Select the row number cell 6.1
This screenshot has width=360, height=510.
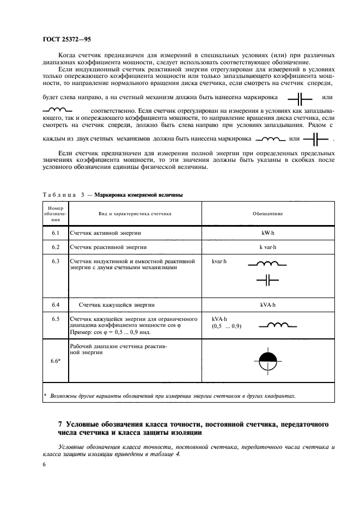pos(55,233)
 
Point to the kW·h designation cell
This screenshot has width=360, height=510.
pos(267,233)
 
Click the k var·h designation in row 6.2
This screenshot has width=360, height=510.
pos(267,247)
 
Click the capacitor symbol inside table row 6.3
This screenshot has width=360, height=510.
pos(267,280)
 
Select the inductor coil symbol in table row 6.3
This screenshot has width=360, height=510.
pos(267,264)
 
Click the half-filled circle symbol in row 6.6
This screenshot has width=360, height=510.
pos(267,360)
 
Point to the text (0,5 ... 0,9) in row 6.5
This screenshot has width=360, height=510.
pos(226,326)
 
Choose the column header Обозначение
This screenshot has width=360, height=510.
pos(267,214)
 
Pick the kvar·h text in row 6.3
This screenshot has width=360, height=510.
pos(219,262)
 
